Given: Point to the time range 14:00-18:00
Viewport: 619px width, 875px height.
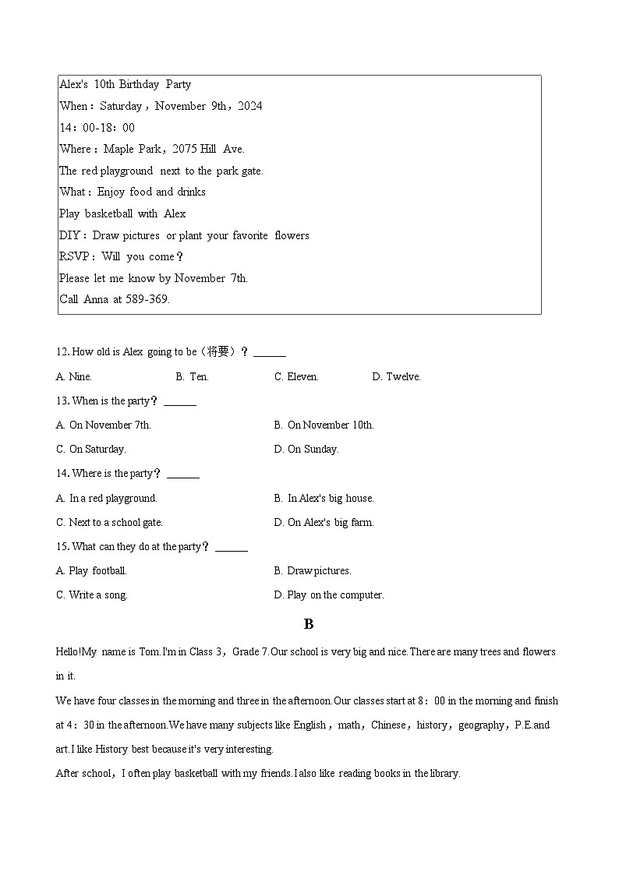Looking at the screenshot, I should point(97,128).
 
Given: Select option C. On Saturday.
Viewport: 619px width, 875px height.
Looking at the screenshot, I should point(90,450).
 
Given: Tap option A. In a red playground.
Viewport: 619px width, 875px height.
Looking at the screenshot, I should point(106,499).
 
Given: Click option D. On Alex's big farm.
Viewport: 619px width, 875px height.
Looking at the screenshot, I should point(324,523).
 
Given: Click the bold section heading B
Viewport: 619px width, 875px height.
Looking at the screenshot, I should point(309,624).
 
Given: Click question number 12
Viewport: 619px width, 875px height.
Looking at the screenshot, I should point(62,352).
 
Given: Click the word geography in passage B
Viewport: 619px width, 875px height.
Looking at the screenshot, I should point(481,725).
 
